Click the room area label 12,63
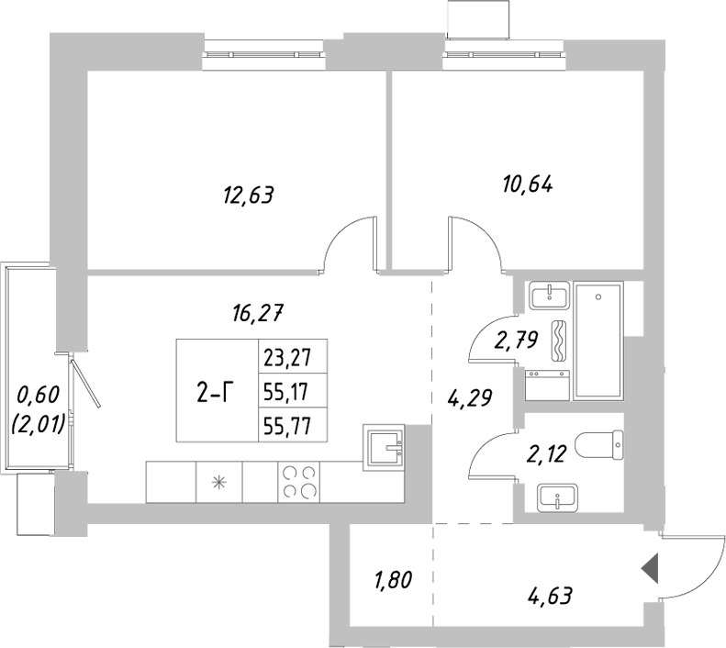[x=249, y=195]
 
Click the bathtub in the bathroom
[x=598, y=341]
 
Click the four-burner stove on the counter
[x=298, y=482]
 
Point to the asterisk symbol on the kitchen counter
[x=219, y=482]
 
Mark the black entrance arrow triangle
[x=650, y=569]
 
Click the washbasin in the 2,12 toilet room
[x=555, y=499]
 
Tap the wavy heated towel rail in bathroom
[x=557, y=343]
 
